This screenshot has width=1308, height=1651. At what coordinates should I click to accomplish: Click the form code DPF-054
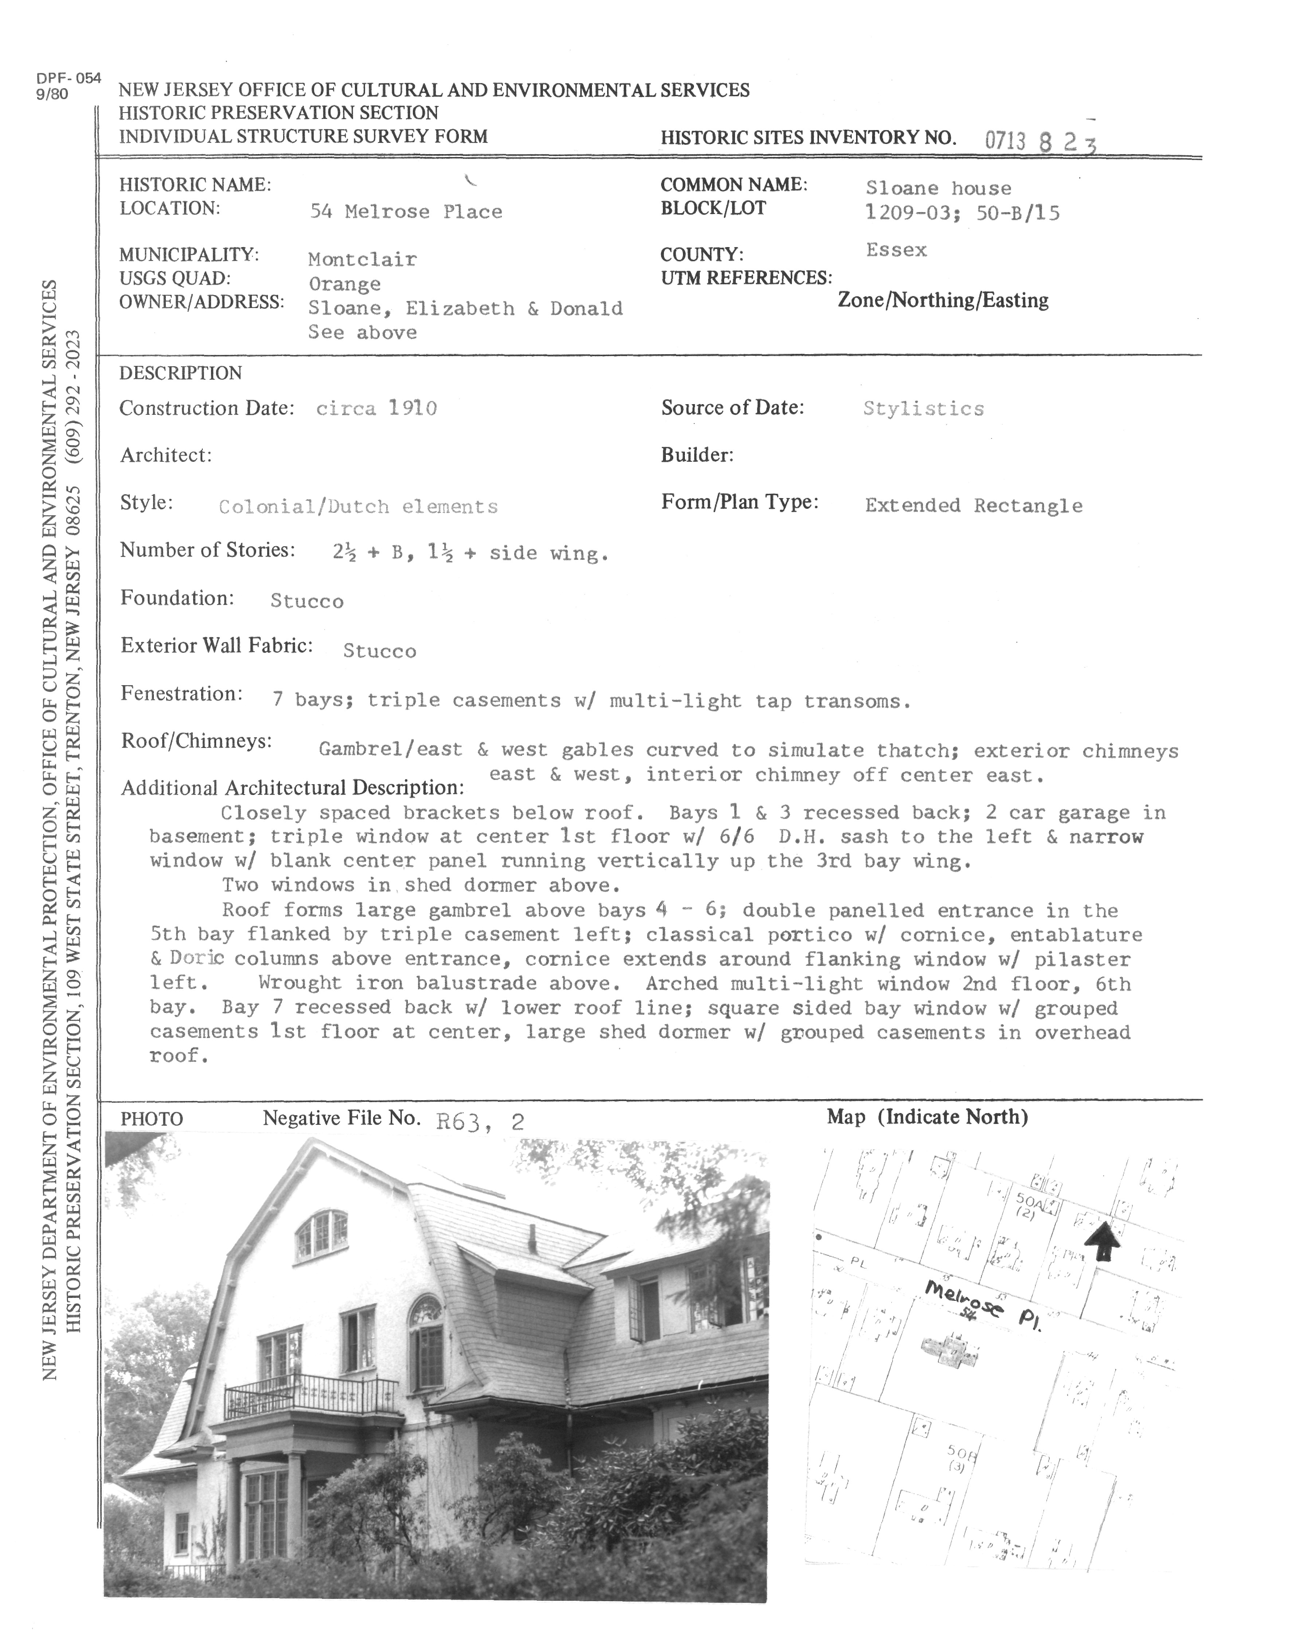click(68, 78)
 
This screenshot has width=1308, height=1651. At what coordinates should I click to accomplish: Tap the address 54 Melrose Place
click(406, 212)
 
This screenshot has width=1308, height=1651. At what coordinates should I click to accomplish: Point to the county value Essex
click(896, 250)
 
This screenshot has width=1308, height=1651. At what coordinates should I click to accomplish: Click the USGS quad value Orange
click(345, 284)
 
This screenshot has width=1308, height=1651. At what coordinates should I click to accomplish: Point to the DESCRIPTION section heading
click(181, 374)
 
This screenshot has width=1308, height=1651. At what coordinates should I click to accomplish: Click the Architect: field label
click(165, 456)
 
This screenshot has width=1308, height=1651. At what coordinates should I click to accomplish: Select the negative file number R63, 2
click(480, 1123)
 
